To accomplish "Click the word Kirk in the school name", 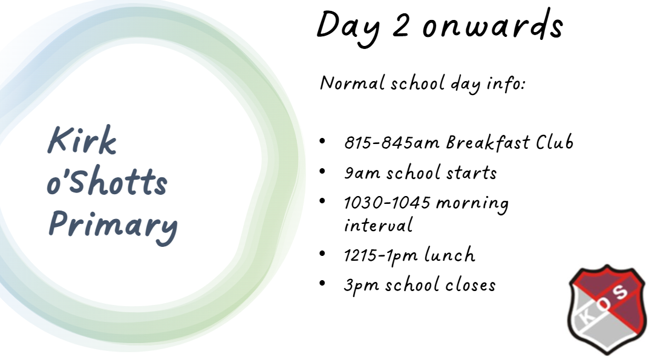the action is [x=82, y=140].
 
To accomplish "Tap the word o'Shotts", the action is [x=107, y=180].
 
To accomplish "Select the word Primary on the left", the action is [x=113, y=226].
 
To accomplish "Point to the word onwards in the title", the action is [x=493, y=24].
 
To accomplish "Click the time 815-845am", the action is [x=392, y=143].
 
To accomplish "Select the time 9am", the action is [x=362, y=172].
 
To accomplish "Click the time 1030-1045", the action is [x=387, y=203].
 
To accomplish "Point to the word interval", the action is [x=378, y=225].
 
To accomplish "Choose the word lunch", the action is [x=449, y=255].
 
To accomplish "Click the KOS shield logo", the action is [x=608, y=310].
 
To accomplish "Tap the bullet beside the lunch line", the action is [x=322, y=254].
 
